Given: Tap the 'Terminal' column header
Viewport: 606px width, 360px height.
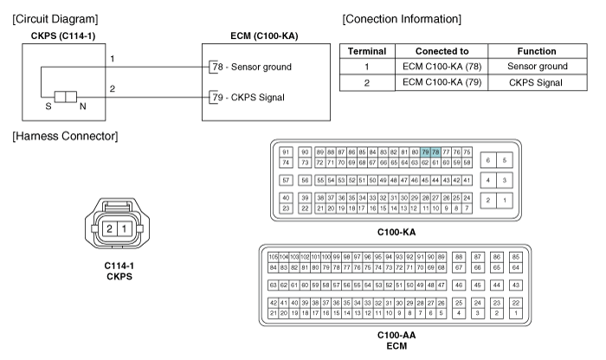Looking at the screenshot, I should click(366, 51).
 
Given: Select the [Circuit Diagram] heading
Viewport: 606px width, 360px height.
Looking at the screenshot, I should click(50, 18).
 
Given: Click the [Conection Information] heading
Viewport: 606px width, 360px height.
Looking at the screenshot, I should click(402, 18).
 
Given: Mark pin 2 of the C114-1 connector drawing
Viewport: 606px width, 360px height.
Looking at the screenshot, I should click(109, 228).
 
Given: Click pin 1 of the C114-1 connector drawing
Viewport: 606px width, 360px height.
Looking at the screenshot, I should click(125, 228).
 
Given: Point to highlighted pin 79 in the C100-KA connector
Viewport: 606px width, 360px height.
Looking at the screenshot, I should click(426, 152).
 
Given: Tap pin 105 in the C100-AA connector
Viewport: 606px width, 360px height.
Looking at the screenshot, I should click(273, 256).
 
